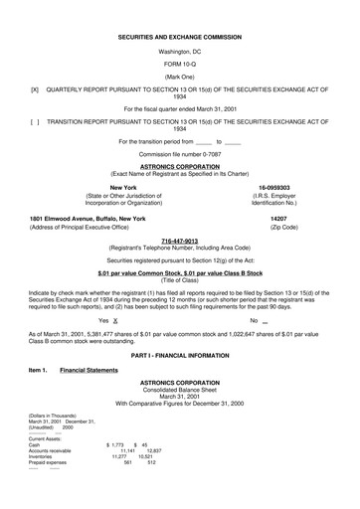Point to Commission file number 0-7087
click(179, 154)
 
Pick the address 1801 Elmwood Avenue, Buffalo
click(88, 218)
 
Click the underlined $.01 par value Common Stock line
click(179, 271)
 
